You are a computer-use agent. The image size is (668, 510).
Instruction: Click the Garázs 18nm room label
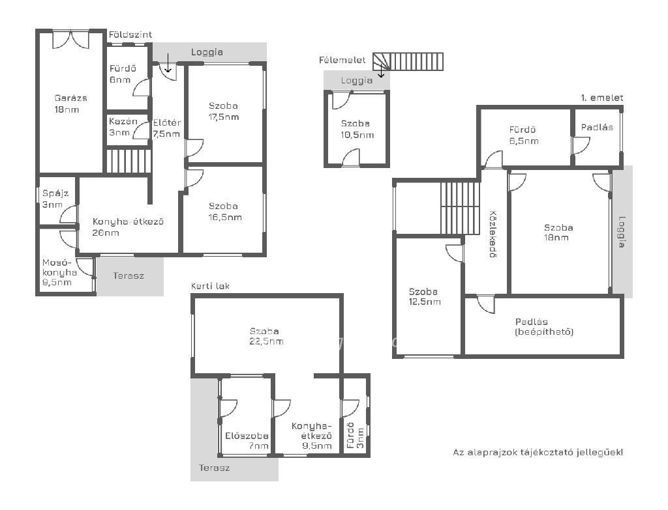point(70,104)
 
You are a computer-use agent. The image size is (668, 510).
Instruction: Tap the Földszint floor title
point(130,35)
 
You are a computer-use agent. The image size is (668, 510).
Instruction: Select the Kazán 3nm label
point(123,127)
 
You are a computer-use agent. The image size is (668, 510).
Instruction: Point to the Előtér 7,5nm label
point(166,128)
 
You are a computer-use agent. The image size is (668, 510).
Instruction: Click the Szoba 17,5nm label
point(224,111)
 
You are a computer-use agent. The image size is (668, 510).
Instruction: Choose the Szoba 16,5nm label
point(225,212)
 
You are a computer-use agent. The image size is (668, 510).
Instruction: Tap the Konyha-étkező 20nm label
point(128,227)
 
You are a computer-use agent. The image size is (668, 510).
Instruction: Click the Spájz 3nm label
point(55,199)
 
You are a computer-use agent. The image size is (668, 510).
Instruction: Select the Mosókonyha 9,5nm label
point(59,272)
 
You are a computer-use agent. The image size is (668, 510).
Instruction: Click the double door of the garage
point(70,39)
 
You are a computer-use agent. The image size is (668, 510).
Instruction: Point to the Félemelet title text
point(342,60)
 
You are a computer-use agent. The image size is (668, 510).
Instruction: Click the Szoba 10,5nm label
point(357,130)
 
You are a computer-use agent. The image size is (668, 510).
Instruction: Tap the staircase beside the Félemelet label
point(408,61)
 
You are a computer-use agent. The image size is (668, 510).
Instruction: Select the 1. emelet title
point(602,98)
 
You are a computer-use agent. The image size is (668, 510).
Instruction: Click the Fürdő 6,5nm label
point(524,135)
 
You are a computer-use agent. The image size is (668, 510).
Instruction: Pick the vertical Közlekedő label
point(493,234)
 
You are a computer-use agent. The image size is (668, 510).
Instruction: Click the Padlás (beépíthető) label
point(544,327)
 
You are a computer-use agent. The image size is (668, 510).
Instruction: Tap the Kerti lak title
point(210,286)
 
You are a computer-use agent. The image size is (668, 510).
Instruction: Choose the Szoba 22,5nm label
point(266,336)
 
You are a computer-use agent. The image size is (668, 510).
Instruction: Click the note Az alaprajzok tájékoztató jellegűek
point(538,452)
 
